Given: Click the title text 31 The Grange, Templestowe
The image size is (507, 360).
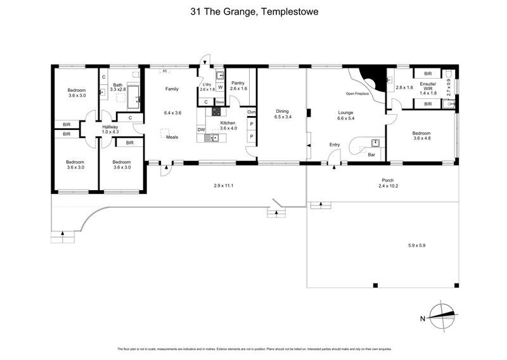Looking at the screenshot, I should pos(253,11).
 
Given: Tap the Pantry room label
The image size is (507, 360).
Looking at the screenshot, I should pos(238,83).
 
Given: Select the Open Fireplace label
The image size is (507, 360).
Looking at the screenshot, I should pos(358,94).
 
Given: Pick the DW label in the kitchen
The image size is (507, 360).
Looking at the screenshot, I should pos(201,129).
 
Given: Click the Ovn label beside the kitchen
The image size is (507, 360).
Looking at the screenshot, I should pos(252,112).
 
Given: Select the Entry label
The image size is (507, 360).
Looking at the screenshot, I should pos(334,145).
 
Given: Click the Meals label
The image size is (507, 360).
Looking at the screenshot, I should pos(172,137).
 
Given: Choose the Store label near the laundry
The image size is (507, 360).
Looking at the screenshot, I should pos(220,102).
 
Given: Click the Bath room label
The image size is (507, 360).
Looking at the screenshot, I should pos(118,85).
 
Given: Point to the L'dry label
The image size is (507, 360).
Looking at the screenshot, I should pos(207,85).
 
